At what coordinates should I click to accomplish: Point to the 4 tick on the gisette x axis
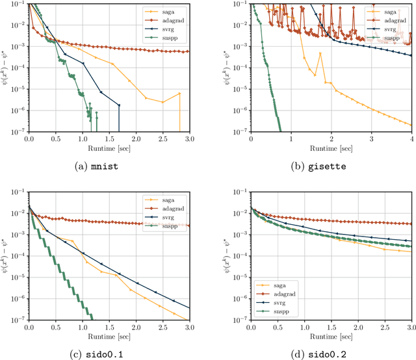tap(411, 139)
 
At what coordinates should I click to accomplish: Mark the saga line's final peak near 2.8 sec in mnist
tap(179, 93)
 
